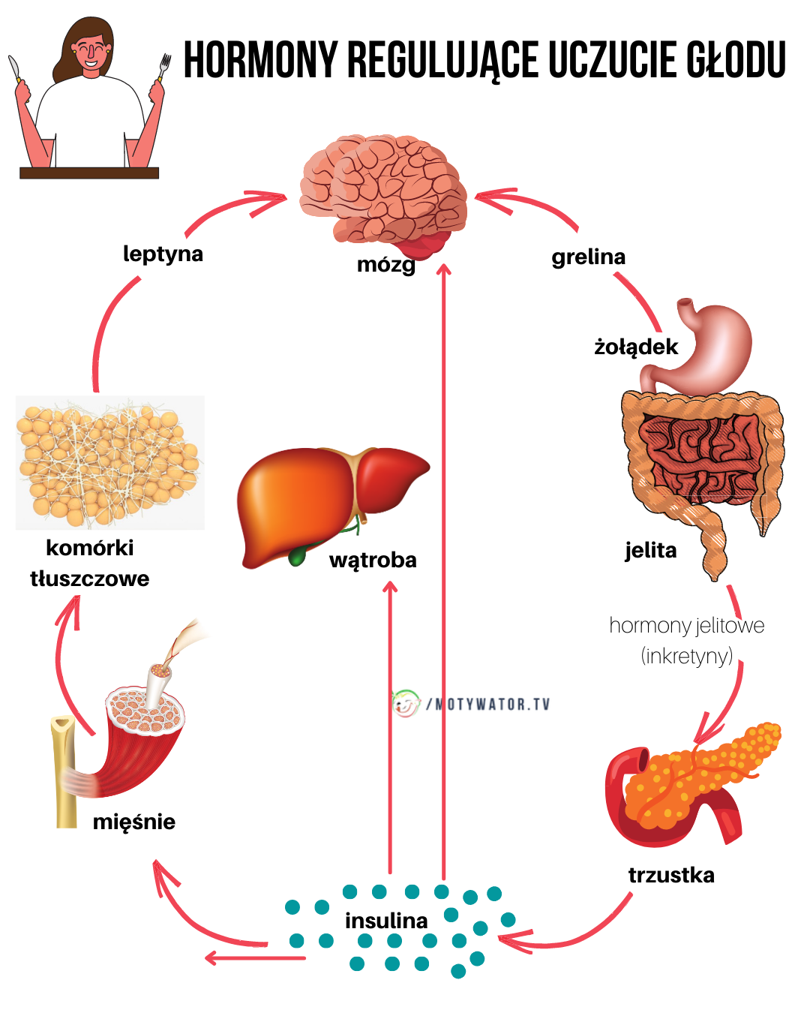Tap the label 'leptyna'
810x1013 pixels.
pyautogui.click(x=163, y=254)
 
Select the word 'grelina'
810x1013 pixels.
pyautogui.click(x=588, y=257)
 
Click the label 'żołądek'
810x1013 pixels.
pyautogui.click(x=635, y=347)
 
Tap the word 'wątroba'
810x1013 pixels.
pyautogui.click(x=373, y=560)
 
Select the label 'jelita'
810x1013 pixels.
pyautogui.click(x=650, y=551)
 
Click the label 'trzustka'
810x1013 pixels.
pyautogui.click(x=671, y=875)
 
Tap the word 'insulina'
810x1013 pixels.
pyautogui.click(x=386, y=921)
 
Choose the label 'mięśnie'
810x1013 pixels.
pyautogui.click(x=133, y=822)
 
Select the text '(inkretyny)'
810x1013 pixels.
pyautogui.click(x=686, y=656)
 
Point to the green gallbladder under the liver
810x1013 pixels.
pyautogui.click(x=298, y=555)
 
